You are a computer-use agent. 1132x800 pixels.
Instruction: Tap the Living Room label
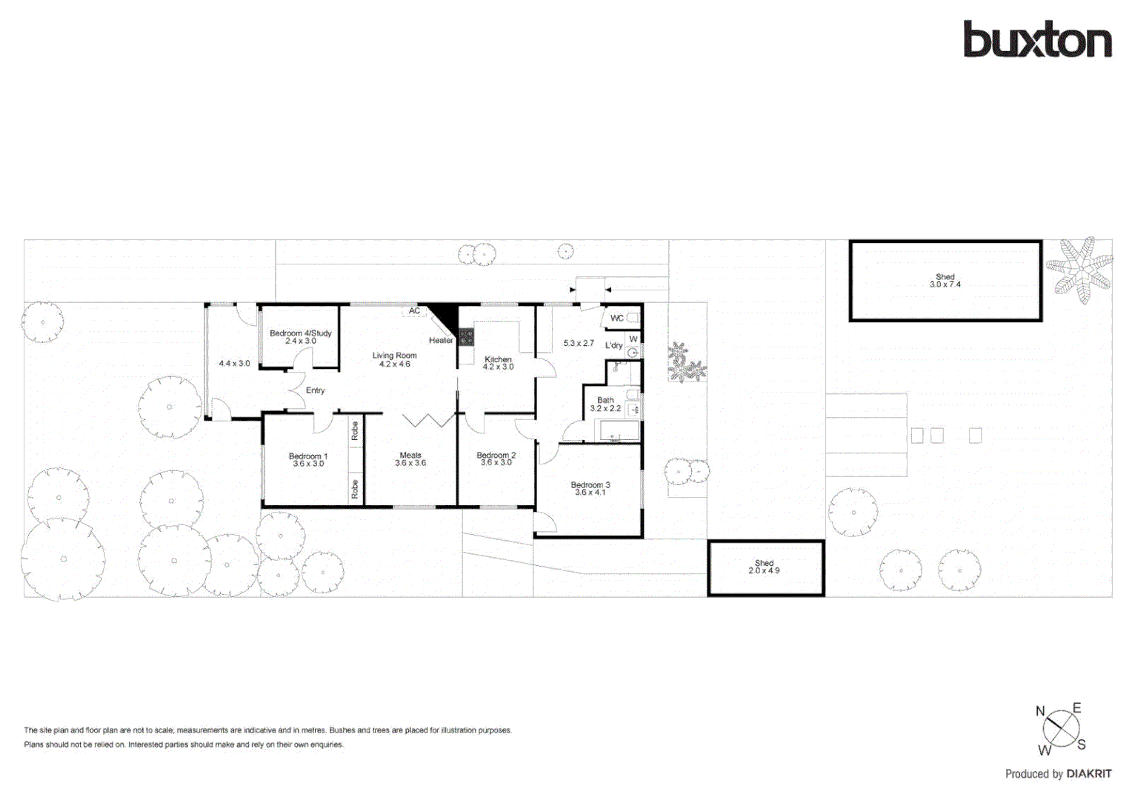click(394, 359)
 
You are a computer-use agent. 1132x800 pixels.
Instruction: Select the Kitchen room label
click(498, 363)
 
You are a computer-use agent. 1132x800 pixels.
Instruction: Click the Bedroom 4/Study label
click(300, 337)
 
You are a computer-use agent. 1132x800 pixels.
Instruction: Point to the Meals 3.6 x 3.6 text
click(410, 459)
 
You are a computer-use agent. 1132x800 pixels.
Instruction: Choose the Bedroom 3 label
click(590, 488)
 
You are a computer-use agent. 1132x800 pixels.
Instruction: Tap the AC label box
click(414, 311)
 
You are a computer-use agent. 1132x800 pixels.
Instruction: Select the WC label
click(616, 319)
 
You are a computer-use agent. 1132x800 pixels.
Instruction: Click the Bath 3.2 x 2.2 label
click(605, 404)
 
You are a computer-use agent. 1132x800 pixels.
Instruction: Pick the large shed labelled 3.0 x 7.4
click(945, 281)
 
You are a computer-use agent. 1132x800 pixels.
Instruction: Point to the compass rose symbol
click(1061, 730)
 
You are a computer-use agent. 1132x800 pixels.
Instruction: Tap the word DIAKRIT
click(1088, 773)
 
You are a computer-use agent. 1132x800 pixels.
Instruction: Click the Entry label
click(315, 390)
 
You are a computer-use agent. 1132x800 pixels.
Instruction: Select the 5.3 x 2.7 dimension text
click(579, 343)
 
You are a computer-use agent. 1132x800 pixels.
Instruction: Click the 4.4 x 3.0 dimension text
click(234, 364)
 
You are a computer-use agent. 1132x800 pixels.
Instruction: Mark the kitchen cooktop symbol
click(466, 338)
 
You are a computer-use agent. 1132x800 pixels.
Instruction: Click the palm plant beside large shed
click(1081, 269)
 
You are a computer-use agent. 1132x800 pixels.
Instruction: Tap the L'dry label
click(613, 345)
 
